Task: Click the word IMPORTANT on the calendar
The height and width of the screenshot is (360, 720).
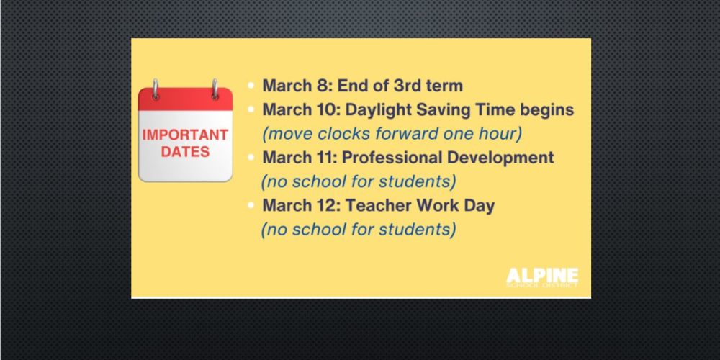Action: [185, 135]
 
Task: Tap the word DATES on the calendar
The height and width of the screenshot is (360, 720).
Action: [185, 152]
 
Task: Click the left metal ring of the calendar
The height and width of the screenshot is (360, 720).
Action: [156, 89]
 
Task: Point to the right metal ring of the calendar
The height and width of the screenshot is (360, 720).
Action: [215, 89]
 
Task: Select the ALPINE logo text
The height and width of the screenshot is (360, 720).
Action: [542, 276]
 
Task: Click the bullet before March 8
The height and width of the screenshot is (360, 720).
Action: [251, 86]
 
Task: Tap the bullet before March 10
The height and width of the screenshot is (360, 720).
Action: [251, 109]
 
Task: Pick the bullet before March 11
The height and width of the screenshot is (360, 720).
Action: [251, 158]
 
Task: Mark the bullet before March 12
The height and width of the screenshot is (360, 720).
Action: [251, 205]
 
